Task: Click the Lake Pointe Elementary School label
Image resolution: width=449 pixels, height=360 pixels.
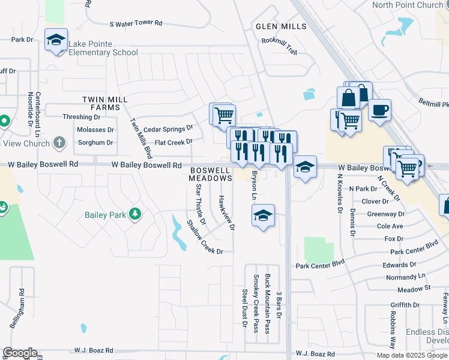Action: pyautogui.click(x=103, y=48)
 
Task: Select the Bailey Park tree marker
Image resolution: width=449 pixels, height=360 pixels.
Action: pyautogui.click(x=136, y=214)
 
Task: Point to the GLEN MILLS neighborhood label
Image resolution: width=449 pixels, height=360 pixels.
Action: pyautogui.click(x=281, y=26)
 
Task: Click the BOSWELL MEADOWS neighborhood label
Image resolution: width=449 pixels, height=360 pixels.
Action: pyautogui.click(x=210, y=175)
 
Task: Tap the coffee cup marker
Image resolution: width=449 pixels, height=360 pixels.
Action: pyautogui.click(x=379, y=110)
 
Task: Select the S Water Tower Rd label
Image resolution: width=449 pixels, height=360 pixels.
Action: pyautogui.click(x=136, y=23)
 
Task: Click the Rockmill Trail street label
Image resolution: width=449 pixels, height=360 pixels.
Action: pyautogui.click(x=279, y=47)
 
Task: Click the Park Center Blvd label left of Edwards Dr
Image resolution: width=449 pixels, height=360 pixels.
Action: pyautogui.click(x=321, y=263)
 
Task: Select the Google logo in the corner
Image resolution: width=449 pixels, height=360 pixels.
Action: pyautogui.click(x=20, y=353)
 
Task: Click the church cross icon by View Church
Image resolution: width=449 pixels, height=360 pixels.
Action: pyautogui.click(x=59, y=143)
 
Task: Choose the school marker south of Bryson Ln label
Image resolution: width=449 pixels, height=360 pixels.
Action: pyautogui.click(x=263, y=215)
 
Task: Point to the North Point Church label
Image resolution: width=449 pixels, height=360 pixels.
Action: pyautogui.click(x=407, y=5)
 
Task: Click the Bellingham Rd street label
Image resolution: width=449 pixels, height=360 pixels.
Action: pyautogui.click(x=15, y=309)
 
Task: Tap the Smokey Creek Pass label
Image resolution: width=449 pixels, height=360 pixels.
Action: pyautogui.click(x=256, y=303)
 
